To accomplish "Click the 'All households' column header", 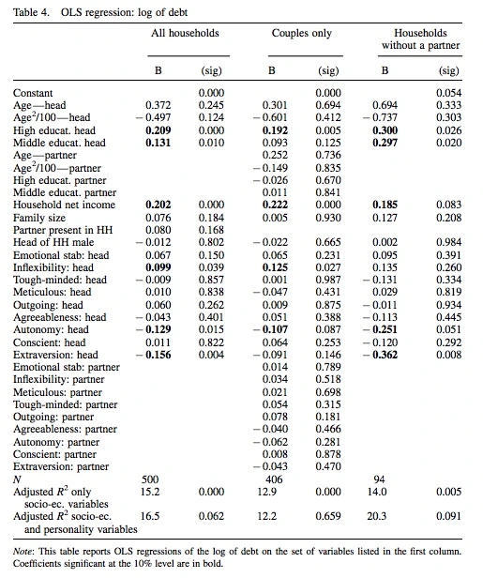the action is click(x=185, y=33).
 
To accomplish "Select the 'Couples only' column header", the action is click(x=302, y=33).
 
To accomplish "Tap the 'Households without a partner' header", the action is click(x=421, y=39).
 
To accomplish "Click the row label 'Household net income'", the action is click(x=64, y=205).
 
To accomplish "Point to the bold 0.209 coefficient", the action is click(x=158, y=130).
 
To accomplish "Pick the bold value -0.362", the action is click(x=381, y=355).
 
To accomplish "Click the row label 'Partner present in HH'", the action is click(x=63, y=230).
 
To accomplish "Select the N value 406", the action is click(x=274, y=479).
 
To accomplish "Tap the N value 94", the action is click(x=379, y=479).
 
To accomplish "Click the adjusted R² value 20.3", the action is click(x=376, y=516).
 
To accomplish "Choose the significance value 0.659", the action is click(x=328, y=516).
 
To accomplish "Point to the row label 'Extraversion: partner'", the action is click(x=61, y=466).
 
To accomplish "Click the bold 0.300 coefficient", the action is click(x=385, y=130).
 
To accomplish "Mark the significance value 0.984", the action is click(x=448, y=242).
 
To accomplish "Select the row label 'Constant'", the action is click(x=33, y=93).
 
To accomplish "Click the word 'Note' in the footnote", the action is click(x=23, y=552).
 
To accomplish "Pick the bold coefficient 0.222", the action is click(x=275, y=205).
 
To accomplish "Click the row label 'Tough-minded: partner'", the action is click(x=66, y=404).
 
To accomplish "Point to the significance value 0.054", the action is click(x=448, y=93).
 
